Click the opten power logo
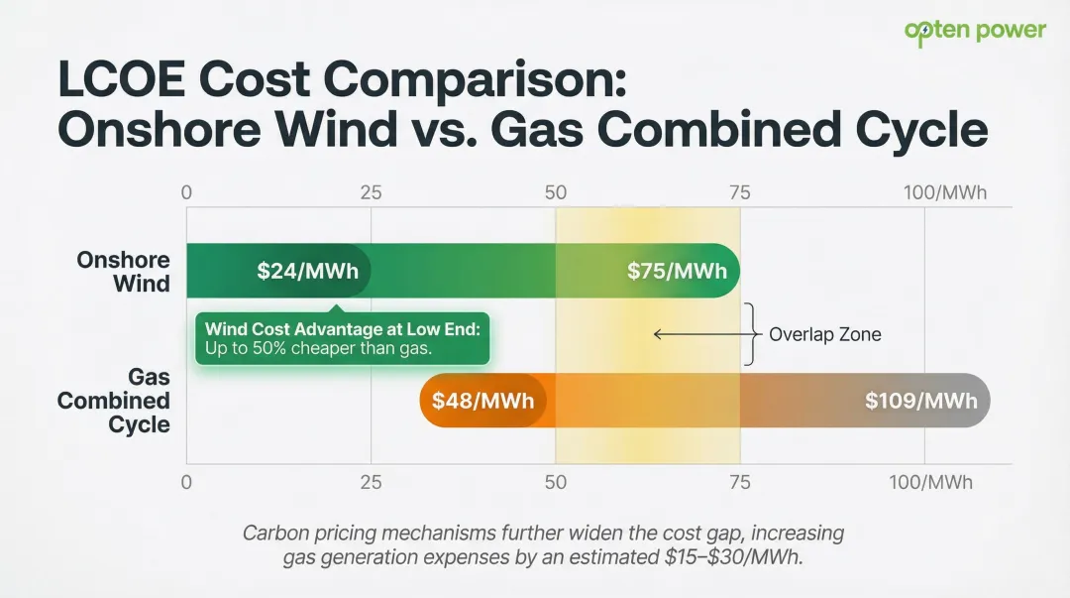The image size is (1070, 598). (975, 31)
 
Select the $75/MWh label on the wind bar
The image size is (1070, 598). (677, 271)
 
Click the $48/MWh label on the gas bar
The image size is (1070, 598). (482, 401)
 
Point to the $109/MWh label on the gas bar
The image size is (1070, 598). (920, 401)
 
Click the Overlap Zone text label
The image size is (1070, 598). (824, 335)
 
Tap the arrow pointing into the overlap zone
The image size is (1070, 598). (698, 335)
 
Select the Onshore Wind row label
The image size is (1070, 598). (124, 272)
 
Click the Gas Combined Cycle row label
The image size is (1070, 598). (114, 401)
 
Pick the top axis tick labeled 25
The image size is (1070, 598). (371, 192)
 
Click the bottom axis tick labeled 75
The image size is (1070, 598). (740, 483)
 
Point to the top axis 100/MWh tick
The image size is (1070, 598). (944, 192)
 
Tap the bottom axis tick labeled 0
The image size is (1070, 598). (186, 483)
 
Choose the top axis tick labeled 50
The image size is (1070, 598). (556, 192)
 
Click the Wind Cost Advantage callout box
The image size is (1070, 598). (342, 338)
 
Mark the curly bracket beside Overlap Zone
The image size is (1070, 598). (750, 335)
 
